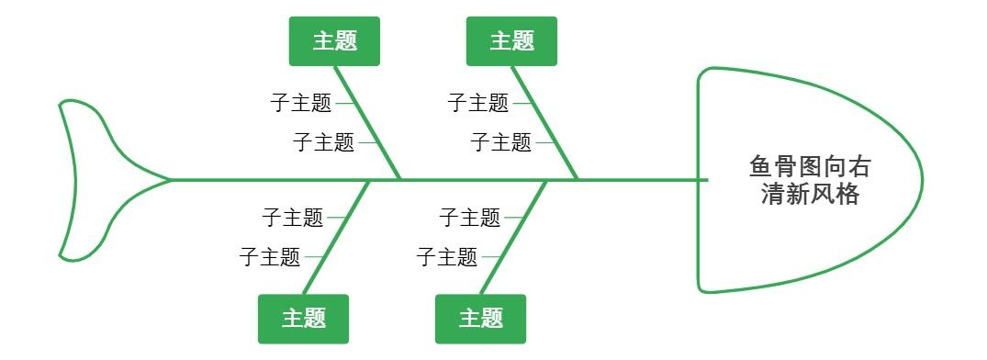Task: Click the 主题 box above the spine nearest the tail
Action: point(334,41)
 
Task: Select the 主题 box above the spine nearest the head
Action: point(511,41)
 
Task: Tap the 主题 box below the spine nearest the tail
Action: point(303,319)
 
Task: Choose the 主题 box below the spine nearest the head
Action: point(480,319)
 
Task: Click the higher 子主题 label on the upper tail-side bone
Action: point(301,103)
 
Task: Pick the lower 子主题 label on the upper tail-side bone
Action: point(323,142)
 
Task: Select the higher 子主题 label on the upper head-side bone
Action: point(478,103)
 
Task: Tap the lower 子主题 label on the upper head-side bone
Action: point(500,142)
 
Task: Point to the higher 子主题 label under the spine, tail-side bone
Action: point(292,218)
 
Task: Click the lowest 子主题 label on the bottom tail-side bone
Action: point(270,257)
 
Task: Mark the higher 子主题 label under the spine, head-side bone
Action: point(469,218)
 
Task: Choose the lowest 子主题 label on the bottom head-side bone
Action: point(447,257)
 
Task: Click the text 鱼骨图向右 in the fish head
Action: point(810,167)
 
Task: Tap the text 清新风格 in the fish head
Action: point(810,194)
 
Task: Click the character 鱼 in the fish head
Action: point(762,167)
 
